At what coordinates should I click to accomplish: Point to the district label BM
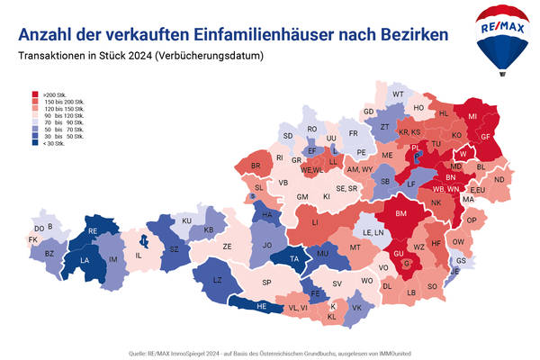click(x=402, y=213)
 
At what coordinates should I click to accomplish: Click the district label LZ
click(x=216, y=281)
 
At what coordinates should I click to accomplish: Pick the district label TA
click(x=293, y=259)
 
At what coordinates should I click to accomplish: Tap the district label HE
click(x=262, y=307)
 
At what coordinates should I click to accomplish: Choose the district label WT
click(x=398, y=94)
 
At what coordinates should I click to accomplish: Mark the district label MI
click(x=472, y=117)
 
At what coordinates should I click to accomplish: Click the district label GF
click(x=484, y=136)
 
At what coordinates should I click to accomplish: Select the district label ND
click(x=499, y=178)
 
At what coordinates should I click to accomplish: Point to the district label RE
click(x=92, y=230)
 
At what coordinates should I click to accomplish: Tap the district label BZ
click(x=49, y=255)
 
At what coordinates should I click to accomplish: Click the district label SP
click(x=266, y=282)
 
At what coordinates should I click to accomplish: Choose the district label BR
click(x=256, y=166)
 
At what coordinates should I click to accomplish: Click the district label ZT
click(x=384, y=127)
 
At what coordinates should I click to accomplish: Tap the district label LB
click(x=411, y=292)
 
